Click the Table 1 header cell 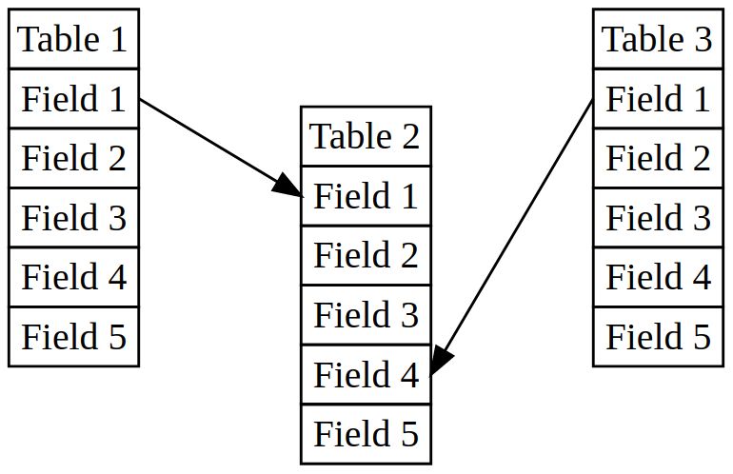click(73, 39)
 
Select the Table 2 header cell click(366, 136)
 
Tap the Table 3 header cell click(658, 39)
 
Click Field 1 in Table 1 click(73, 98)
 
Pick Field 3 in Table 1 click(73, 217)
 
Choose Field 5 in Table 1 click(73, 336)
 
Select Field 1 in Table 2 click(366, 195)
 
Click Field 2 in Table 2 click(366, 255)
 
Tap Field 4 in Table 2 click(366, 374)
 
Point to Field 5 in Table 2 click(366, 433)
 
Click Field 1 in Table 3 click(658, 98)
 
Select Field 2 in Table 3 click(658, 158)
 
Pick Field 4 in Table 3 click(658, 277)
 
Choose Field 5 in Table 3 click(658, 336)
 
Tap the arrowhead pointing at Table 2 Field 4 click(441, 359)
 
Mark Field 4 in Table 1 click(73, 277)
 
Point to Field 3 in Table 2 click(366, 314)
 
